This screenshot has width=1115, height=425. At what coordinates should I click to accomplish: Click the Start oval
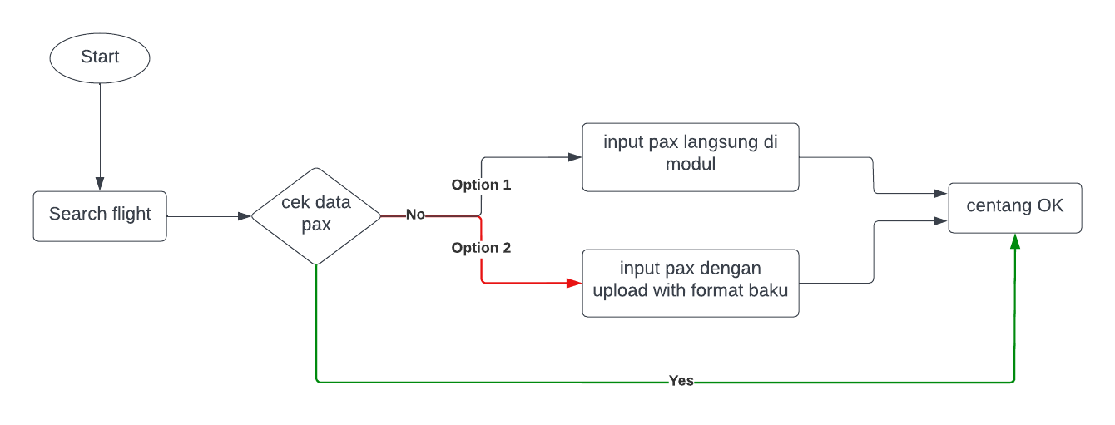pos(100,57)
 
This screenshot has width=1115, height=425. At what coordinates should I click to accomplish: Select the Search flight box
pos(100,215)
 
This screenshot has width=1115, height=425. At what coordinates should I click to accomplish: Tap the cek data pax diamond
pos(316,215)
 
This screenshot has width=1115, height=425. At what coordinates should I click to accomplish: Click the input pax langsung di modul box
pos(691,157)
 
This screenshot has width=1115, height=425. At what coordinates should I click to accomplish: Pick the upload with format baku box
pos(691,283)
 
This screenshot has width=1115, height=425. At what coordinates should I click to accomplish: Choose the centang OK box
pos(1015,207)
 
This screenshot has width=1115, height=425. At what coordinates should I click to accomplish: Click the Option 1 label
pos(481,185)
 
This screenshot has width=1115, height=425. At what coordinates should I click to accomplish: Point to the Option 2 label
pos(481,248)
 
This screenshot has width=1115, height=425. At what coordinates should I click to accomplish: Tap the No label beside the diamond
pos(415,215)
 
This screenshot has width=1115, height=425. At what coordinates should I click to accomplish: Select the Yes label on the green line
pos(681,381)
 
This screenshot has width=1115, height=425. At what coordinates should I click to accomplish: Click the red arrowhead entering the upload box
pos(574,283)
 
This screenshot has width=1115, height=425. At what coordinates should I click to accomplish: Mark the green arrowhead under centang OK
pos(1015,241)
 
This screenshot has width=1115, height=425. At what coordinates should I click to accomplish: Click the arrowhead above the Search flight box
pos(100,184)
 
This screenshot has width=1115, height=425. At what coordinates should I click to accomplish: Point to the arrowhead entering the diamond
pos(244,216)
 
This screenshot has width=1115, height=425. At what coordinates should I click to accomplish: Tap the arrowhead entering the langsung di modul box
pos(574,156)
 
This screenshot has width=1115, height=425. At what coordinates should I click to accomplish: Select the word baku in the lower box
pos(769,290)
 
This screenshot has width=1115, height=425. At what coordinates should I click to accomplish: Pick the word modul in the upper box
pos(691,164)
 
